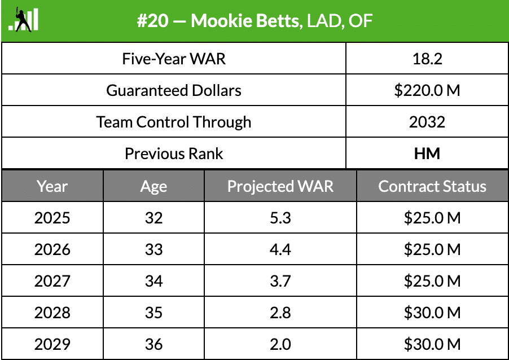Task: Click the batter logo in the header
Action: [24, 19]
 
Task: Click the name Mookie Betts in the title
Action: [245, 21]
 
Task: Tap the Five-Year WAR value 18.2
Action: [427, 59]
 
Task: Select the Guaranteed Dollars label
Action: [174, 90]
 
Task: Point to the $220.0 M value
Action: [427, 90]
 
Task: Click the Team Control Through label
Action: [174, 122]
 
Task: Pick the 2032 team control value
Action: [427, 122]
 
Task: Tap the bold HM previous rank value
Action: [427, 153]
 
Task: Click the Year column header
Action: [52, 186]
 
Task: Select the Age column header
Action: [153, 186]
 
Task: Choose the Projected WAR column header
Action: [280, 186]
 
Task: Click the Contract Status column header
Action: [432, 186]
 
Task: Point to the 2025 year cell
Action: [52, 218]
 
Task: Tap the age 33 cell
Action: [153, 249]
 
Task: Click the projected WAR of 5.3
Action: [280, 218]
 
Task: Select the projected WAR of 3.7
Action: [280, 281]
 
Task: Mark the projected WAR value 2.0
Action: [280, 344]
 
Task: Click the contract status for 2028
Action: [432, 313]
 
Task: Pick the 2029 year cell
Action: [52, 344]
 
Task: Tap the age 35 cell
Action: [153, 313]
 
